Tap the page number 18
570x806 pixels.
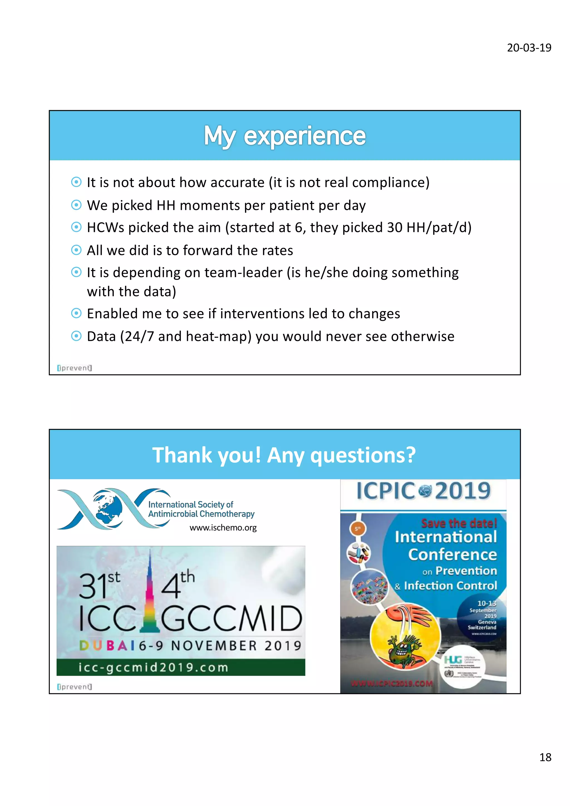[x=545, y=757]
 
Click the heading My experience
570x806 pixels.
[x=285, y=136]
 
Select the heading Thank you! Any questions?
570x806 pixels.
[x=284, y=455]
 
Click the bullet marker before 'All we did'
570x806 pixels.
[x=76, y=250]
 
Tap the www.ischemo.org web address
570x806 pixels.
[x=223, y=528]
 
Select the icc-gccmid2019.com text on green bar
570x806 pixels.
[x=153, y=667]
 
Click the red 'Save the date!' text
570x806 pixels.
[x=459, y=524]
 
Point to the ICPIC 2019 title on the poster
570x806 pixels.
[x=423, y=490]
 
